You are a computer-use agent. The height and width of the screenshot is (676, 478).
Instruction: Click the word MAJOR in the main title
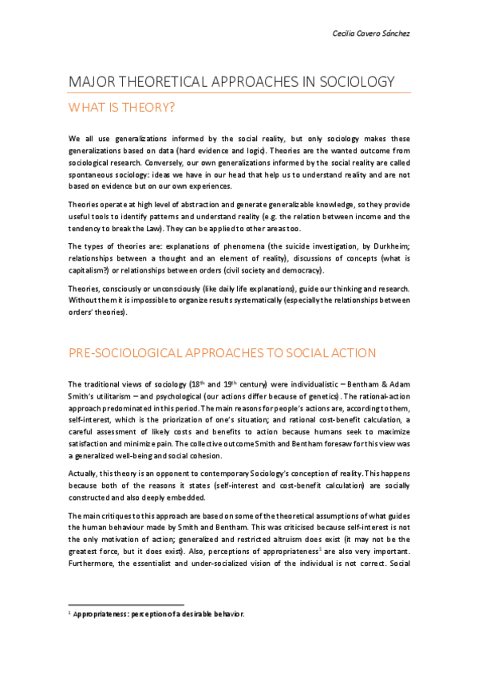coord(93,82)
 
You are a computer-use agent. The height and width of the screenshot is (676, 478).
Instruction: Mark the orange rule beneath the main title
coord(239,92)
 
